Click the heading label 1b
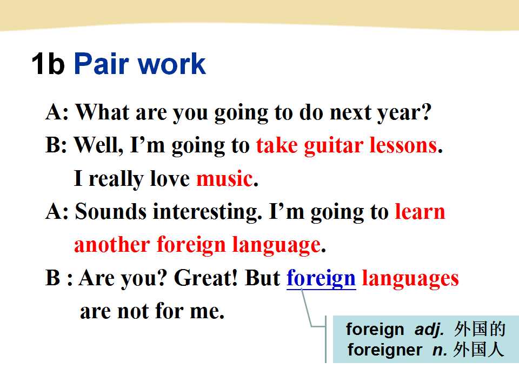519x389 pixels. click(x=48, y=63)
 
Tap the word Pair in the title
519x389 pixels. click(x=101, y=63)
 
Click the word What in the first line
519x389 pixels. click(x=103, y=112)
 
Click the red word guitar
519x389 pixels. click(x=334, y=146)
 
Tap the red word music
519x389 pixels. click(x=225, y=178)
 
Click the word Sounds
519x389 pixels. click(x=110, y=211)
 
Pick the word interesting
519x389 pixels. click(x=207, y=212)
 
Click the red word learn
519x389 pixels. click(x=420, y=211)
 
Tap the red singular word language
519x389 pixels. click(x=276, y=245)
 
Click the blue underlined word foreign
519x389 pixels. click(x=321, y=279)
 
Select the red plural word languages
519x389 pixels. click(x=410, y=279)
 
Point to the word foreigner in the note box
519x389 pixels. click(x=384, y=350)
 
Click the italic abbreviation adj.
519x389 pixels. click(x=429, y=330)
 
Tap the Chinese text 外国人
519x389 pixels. click(x=478, y=350)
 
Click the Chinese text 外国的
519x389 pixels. click(x=480, y=329)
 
